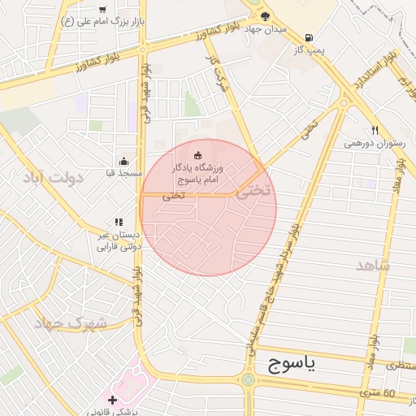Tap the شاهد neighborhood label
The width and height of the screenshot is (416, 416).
tap(372, 266)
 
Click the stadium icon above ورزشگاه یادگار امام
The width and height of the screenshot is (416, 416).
tap(197, 154)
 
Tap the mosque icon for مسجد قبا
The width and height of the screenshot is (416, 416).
tap(123, 161)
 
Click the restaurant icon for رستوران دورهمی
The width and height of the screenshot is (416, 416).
tap(375, 130)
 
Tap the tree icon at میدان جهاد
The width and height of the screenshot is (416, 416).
tap(266, 15)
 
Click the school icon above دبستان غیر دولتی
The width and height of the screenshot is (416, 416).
tap(119, 222)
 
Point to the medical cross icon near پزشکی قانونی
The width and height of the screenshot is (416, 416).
tap(112, 400)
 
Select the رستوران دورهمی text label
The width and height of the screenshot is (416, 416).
tap(375, 143)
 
